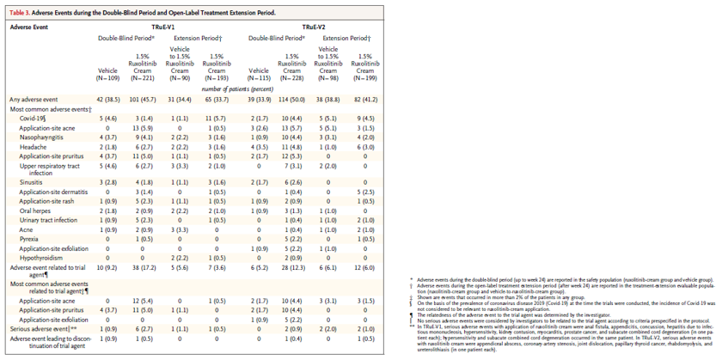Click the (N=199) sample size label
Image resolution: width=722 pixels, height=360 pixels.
pos(364,78)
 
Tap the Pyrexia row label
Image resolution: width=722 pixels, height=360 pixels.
pos(33,238)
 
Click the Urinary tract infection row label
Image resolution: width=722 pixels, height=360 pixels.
pos(53,220)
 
